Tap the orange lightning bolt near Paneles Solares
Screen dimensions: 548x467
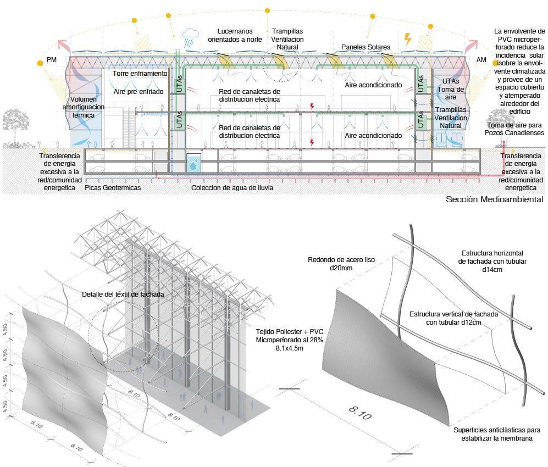pyautogui.click(x=407, y=39)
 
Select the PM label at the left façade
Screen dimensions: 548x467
pyautogui.click(x=51, y=60)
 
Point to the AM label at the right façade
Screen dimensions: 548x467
pyautogui.click(x=481, y=60)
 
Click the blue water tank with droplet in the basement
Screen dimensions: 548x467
pyautogui.click(x=193, y=163)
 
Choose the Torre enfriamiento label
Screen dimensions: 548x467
pyautogui.click(x=140, y=74)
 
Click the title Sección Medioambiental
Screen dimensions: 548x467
pyautogui.click(x=495, y=199)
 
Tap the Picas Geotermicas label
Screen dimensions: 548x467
pyautogui.click(x=113, y=187)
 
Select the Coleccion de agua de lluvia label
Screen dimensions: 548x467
pyautogui.click(x=232, y=187)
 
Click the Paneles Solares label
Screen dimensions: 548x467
pyautogui.click(x=366, y=47)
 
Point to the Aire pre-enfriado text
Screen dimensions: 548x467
pyautogui.click(x=139, y=92)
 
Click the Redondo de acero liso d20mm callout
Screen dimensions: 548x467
pyautogui.click(x=341, y=264)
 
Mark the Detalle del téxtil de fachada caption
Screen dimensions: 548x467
pyautogui.click(x=123, y=294)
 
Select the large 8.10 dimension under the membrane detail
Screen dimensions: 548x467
pyautogui.click(x=361, y=413)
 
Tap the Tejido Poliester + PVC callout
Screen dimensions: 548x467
pyautogui.click(x=289, y=340)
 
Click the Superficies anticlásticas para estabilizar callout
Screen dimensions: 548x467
pyautogui.click(x=497, y=434)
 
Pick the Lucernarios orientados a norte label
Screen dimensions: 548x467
pyautogui.click(x=235, y=35)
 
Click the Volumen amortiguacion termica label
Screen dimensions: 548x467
pyautogui.click(x=84, y=107)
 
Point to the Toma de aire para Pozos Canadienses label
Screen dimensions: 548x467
pyautogui.click(x=514, y=129)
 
